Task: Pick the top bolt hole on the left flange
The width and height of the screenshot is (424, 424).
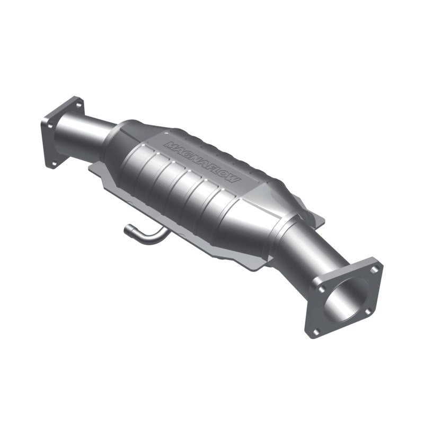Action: point(78,105)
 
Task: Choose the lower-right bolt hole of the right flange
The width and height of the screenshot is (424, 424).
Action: point(367,312)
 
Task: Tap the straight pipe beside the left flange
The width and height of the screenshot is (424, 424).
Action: point(85,132)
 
